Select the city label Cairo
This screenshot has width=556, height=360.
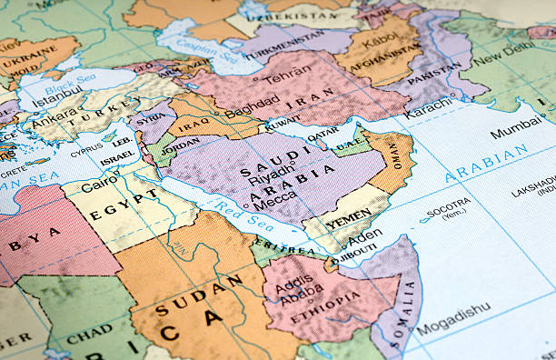click(x=99, y=185)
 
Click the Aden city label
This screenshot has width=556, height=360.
click(x=362, y=237)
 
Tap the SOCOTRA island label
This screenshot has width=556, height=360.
click(x=449, y=204)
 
